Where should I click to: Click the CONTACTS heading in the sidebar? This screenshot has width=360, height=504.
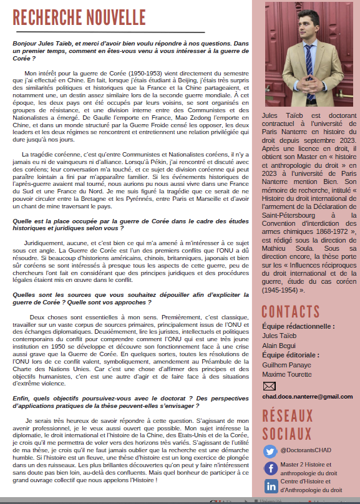291,311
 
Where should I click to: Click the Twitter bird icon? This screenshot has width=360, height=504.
270,451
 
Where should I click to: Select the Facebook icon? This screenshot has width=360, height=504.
271,468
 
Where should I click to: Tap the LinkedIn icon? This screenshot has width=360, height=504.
271,486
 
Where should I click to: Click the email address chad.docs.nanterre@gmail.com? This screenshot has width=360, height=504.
307,396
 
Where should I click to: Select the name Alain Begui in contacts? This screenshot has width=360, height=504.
279,345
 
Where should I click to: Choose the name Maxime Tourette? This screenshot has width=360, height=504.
286,374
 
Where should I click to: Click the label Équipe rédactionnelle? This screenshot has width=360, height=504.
298,326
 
